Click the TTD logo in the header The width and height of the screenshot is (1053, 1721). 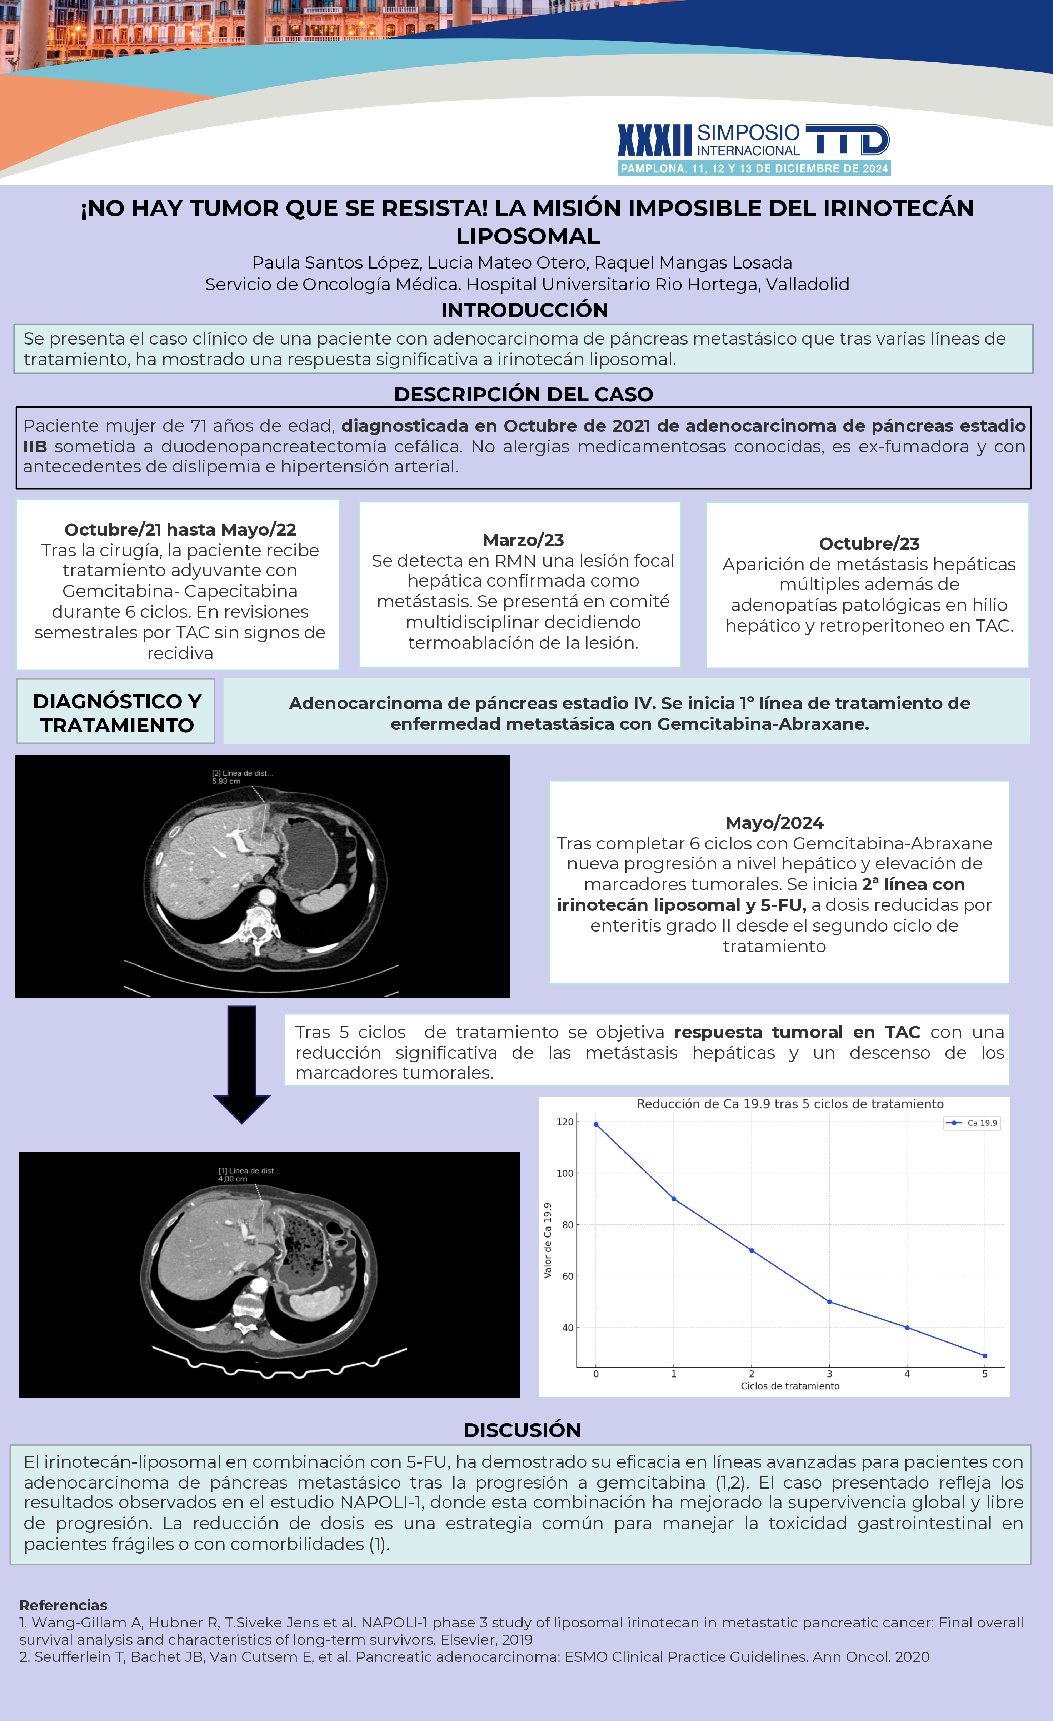pos(847,140)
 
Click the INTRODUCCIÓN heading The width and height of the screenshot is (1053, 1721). pos(524,310)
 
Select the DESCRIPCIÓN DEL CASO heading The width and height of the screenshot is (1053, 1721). pos(523,395)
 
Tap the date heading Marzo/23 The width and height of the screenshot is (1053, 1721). pos(523,540)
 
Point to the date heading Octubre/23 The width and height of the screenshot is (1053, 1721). pos(869,543)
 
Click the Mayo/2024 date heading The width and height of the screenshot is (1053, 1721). pos(774,823)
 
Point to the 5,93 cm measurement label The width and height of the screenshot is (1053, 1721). pos(226,782)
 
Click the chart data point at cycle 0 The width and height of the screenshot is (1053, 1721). pos(596,1124)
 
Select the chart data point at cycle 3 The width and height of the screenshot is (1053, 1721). pos(829,1302)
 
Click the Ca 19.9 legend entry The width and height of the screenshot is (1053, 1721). pos(973,1123)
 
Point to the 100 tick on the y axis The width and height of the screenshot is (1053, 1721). pos(565,1173)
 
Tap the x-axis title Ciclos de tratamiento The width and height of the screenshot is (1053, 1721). pos(790,1386)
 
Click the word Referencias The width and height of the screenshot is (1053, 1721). pos(63,1605)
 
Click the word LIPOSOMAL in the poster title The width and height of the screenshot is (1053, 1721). pos(528,236)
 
